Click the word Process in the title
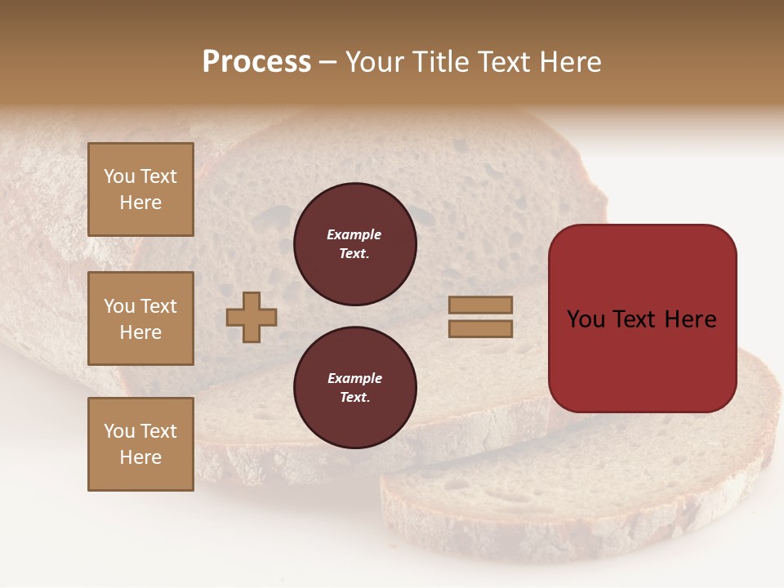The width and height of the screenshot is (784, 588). [256, 62]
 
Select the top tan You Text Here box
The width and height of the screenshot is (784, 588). [140, 189]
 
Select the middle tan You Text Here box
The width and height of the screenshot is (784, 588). [140, 318]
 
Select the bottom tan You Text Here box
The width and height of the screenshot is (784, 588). [140, 444]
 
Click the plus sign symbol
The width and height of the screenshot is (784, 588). [252, 317]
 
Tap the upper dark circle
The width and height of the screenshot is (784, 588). [354, 244]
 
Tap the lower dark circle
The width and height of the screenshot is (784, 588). [354, 388]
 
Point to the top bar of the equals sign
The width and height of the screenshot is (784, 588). [480, 305]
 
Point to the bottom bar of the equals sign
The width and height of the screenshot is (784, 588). [480, 328]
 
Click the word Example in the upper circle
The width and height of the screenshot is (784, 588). [354, 234]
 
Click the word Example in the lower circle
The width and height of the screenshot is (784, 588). [354, 378]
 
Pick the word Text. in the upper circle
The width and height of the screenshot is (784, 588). [354, 254]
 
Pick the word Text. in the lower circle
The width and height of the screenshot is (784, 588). [354, 398]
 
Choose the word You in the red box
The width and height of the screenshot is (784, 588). [586, 319]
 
